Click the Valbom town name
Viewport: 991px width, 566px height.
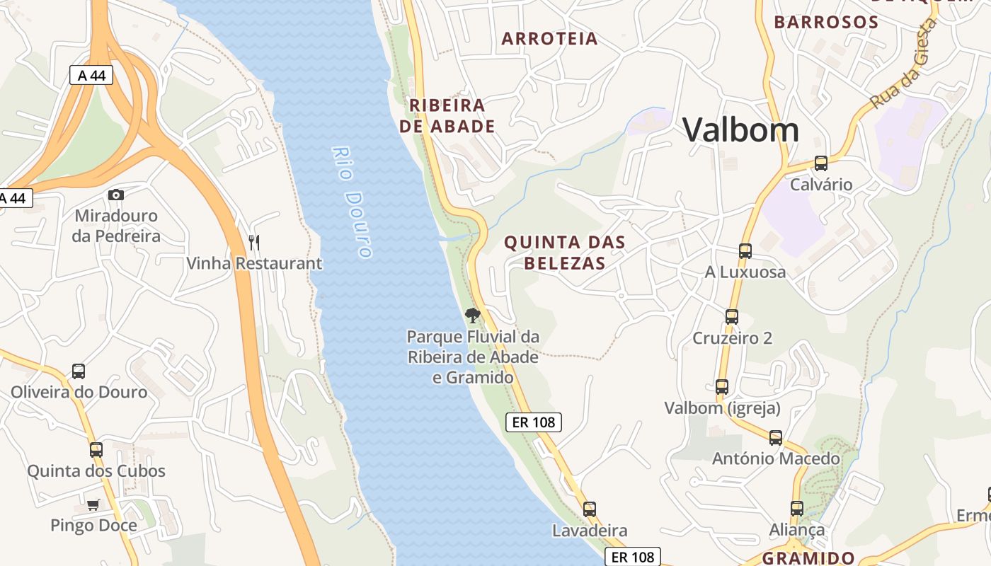coord(740,130)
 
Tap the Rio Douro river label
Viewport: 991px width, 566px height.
coord(352,202)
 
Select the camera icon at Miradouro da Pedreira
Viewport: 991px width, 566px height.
coord(116,195)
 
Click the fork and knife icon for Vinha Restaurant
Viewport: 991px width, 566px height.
coord(254,243)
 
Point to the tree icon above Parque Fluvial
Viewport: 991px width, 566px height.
coord(473,316)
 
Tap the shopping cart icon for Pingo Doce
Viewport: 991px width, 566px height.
coord(93,504)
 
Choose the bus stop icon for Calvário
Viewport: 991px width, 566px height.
coord(821,163)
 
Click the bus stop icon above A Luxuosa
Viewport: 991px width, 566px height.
coord(745,251)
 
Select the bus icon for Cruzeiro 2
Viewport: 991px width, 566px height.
coord(732,317)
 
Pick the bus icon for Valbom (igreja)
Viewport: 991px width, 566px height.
coord(722,387)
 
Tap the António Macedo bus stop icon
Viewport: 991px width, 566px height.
coord(776,438)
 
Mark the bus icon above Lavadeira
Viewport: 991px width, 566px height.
coord(590,509)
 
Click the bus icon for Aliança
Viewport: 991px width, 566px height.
coord(797,509)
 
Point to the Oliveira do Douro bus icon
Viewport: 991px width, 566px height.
coord(79,371)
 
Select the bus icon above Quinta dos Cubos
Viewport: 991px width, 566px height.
coord(96,449)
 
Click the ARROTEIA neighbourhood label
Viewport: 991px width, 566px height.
coord(549,39)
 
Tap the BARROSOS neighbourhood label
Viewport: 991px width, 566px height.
coord(826,22)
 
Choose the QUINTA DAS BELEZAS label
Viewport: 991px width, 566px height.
coord(564,253)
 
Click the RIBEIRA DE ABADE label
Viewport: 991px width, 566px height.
coord(447,116)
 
